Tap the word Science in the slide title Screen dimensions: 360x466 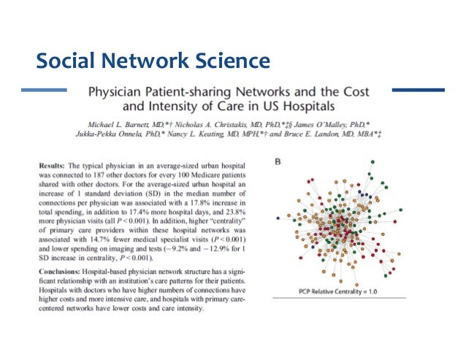(x=232, y=59)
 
